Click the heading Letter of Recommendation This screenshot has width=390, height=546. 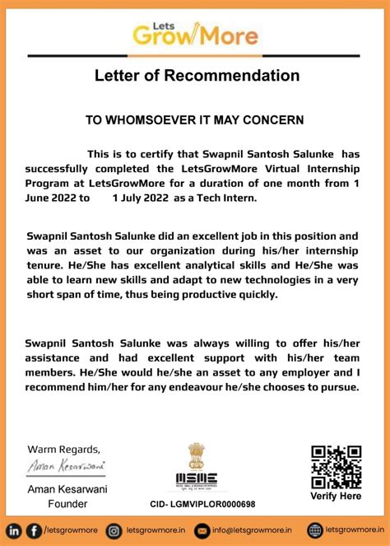tap(197, 77)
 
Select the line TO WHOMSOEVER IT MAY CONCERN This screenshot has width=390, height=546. tap(195, 120)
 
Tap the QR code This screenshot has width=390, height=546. tap(336, 467)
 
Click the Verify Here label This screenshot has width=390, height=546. tap(336, 497)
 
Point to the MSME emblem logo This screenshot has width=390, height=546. tap(196, 468)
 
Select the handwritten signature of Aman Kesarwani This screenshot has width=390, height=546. tap(65, 466)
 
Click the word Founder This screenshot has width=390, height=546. tap(67, 504)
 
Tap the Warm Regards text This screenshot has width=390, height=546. tap(64, 449)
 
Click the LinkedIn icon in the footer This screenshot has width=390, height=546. tap(15, 530)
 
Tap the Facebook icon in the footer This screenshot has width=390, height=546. tap(34, 530)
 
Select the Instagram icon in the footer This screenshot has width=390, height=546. tap(114, 530)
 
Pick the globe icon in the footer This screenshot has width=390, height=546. tap(314, 530)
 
